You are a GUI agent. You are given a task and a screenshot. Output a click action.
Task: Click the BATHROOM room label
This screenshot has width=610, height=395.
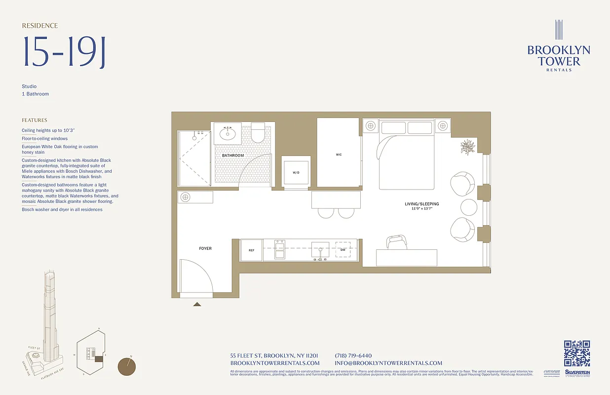(232, 156)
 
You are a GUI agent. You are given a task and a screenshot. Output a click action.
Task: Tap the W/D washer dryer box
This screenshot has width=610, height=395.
(296, 172)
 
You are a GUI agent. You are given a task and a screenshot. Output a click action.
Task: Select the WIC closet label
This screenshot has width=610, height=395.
(339, 155)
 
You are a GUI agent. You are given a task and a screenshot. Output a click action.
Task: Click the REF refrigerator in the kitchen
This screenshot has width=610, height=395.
(251, 250)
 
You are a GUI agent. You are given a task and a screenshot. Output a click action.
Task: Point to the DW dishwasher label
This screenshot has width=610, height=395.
(343, 250)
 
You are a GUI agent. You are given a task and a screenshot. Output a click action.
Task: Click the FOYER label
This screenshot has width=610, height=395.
(205, 248)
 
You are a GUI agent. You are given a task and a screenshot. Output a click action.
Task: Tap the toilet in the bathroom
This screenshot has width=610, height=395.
(258, 134)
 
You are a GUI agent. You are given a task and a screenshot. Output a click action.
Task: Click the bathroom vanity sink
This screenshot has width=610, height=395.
(228, 133)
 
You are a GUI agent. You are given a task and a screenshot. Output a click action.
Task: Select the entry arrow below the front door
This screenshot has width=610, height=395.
(197, 304)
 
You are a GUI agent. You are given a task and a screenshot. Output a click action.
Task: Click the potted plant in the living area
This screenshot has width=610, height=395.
(468, 147)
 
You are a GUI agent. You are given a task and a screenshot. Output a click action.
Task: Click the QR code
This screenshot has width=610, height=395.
(577, 354)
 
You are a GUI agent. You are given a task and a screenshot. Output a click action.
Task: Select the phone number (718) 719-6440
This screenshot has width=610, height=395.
(353, 355)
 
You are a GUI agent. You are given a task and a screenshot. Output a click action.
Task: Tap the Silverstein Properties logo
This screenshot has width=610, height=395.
(577, 373)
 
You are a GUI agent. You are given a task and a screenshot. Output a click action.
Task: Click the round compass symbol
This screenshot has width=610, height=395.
(127, 367)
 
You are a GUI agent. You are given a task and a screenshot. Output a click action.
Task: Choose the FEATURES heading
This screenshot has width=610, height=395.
(35, 120)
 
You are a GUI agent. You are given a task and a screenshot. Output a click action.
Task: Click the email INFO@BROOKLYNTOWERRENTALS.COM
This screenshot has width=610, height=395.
(388, 363)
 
